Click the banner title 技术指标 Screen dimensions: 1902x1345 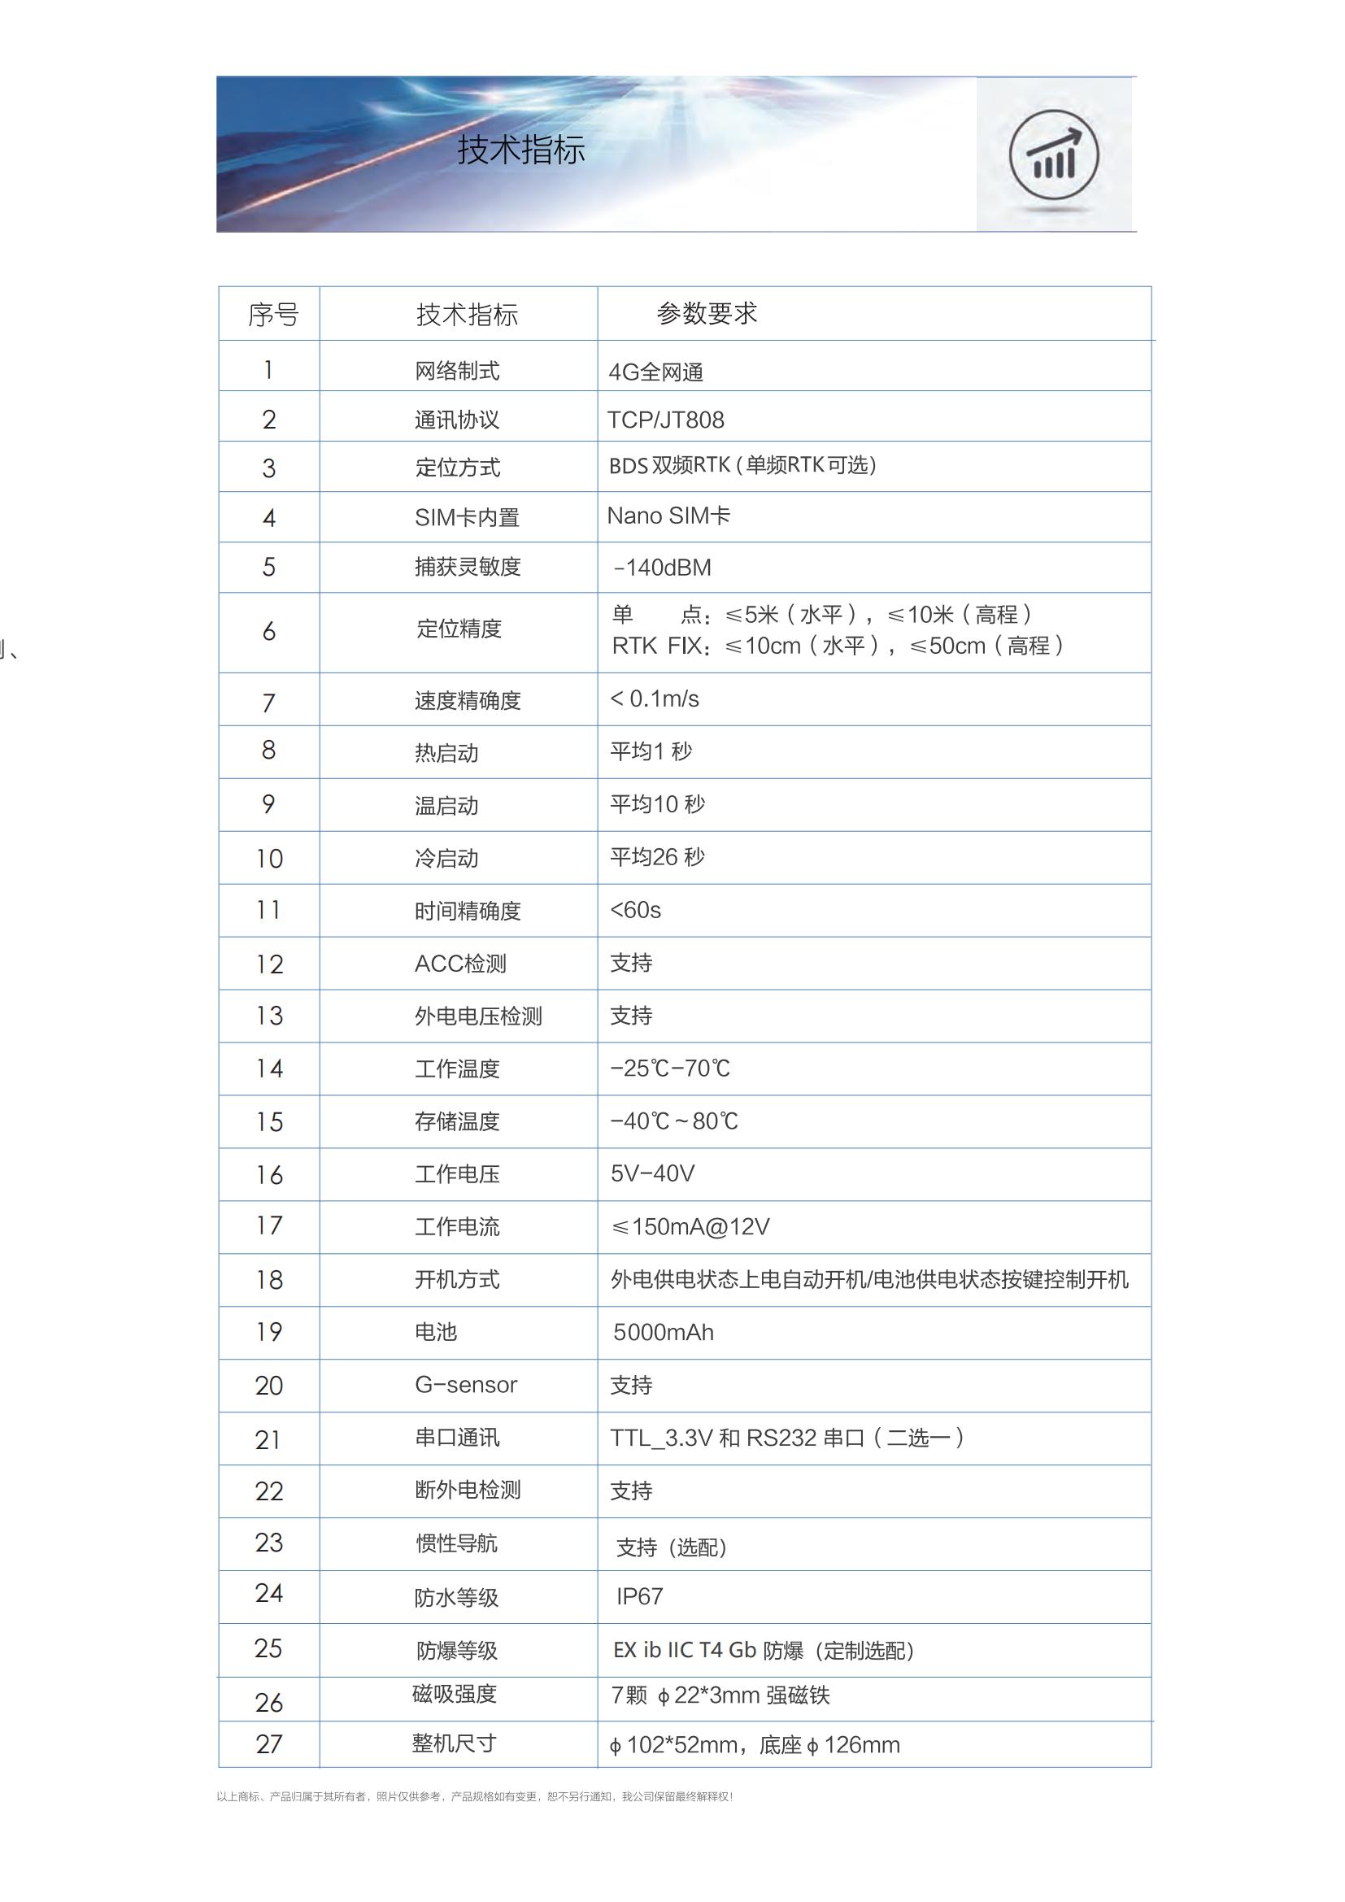[x=521, y=150]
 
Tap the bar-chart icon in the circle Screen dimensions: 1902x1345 [x=1053, y=156]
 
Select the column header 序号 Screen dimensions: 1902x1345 [x=272, y=315]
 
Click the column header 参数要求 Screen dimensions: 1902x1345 [x=707, y=313]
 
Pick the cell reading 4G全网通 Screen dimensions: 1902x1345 [x=656, y=372]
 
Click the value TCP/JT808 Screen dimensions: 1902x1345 [x=666, y=420]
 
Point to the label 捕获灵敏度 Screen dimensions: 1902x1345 [x=467, y=567]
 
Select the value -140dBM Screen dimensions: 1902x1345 [x=662, y=568]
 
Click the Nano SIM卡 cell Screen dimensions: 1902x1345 [x=668, y=516]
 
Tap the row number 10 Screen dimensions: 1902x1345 [x=269, y=858]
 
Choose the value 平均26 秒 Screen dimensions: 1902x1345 [x=658, y=857]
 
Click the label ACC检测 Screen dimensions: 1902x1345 [x=460, y=964]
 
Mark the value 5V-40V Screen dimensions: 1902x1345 [x=653, y=1174]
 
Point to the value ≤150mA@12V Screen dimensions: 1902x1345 [x=690, y=1227]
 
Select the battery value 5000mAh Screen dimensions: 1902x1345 [x=664, y=1332]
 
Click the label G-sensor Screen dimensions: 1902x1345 [x=465, y=1385]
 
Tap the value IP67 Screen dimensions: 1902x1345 [x=639, y=1596]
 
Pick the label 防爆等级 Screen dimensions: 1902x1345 [x=457, y=1650]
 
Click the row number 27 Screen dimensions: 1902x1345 [x=269, y=1743]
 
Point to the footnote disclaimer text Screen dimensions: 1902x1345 [x=475, y=1797]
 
